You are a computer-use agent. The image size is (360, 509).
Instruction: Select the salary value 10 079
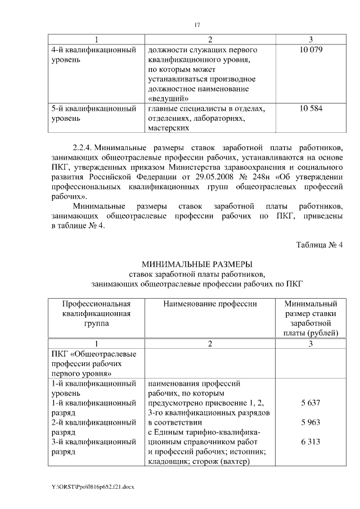coord(311,50)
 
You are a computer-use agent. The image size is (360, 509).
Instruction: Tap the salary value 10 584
coord(311,109)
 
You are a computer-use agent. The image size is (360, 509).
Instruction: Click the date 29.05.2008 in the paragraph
coord(209,177)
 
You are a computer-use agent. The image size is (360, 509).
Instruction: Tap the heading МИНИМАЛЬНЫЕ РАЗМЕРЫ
coord(197,264)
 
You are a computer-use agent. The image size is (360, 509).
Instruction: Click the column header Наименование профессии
coord(210,304)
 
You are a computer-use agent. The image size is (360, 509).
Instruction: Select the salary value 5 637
coord(310,403)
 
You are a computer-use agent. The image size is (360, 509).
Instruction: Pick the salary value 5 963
coord(310,422)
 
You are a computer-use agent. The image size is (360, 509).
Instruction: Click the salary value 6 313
coord(310,442)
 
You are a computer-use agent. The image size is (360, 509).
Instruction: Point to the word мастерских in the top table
coord(168,128)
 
